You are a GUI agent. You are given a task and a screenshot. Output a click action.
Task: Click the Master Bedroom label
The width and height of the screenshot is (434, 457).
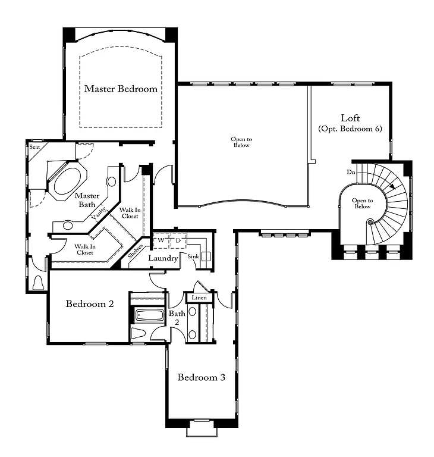121,89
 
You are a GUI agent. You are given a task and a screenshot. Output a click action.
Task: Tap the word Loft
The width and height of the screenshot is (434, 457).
350,118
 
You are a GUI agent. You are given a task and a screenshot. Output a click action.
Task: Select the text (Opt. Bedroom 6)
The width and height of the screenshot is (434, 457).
350,129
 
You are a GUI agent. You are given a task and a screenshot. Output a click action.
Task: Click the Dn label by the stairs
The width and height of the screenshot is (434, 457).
352,172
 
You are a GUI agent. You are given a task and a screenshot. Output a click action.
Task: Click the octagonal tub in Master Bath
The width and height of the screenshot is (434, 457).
67,181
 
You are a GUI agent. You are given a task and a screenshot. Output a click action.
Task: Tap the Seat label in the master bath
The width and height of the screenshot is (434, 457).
34,146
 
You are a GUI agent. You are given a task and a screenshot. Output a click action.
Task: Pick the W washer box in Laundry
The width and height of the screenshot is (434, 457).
161,240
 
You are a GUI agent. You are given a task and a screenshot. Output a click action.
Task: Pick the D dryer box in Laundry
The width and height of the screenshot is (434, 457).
178,240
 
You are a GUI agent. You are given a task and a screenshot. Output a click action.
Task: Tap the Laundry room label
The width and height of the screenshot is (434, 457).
163,258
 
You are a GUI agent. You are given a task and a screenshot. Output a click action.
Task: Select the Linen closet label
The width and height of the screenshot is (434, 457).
199,297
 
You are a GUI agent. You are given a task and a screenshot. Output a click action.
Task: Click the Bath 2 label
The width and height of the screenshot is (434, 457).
177,317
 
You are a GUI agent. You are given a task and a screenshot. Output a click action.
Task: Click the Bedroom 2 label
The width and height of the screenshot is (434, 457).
90,303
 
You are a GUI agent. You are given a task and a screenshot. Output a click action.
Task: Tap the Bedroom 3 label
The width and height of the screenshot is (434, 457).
201,377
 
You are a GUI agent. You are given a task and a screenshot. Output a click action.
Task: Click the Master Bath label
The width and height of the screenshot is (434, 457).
87,199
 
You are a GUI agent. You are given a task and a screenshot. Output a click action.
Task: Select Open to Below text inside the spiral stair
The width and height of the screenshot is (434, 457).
362,204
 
